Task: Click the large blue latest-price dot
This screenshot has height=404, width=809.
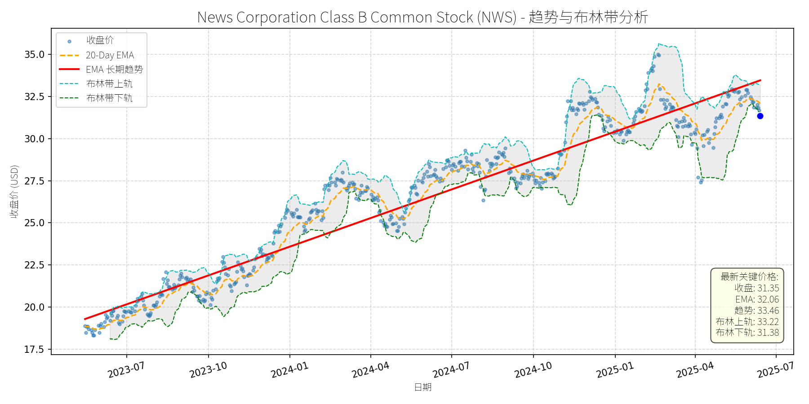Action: tap(760, 116)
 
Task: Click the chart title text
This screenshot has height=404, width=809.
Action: tap(422, 17)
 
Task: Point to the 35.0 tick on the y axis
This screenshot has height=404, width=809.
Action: tap(35, 55)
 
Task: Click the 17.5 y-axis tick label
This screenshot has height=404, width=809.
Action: tap(35, 350)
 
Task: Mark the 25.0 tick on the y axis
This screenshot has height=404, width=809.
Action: tap(35, 223)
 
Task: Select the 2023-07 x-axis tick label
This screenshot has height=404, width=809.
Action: tap(126, 370)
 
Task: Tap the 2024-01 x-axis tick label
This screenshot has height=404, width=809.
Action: tap(289, 370)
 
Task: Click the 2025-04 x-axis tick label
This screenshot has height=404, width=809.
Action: tap(695, 370)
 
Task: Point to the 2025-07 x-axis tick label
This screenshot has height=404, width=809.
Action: tap(776, 370)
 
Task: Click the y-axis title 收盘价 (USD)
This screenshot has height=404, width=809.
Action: tap(14, 192)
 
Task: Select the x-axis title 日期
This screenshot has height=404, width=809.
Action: tap(422, 387)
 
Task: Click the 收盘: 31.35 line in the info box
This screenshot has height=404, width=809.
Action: tap(756, 288)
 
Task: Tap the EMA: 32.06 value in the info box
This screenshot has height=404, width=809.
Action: tap(757, 299)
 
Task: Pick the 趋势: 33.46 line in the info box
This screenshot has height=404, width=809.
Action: tap(756, 311)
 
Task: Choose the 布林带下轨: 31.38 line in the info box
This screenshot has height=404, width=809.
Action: tap(747, 333)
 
